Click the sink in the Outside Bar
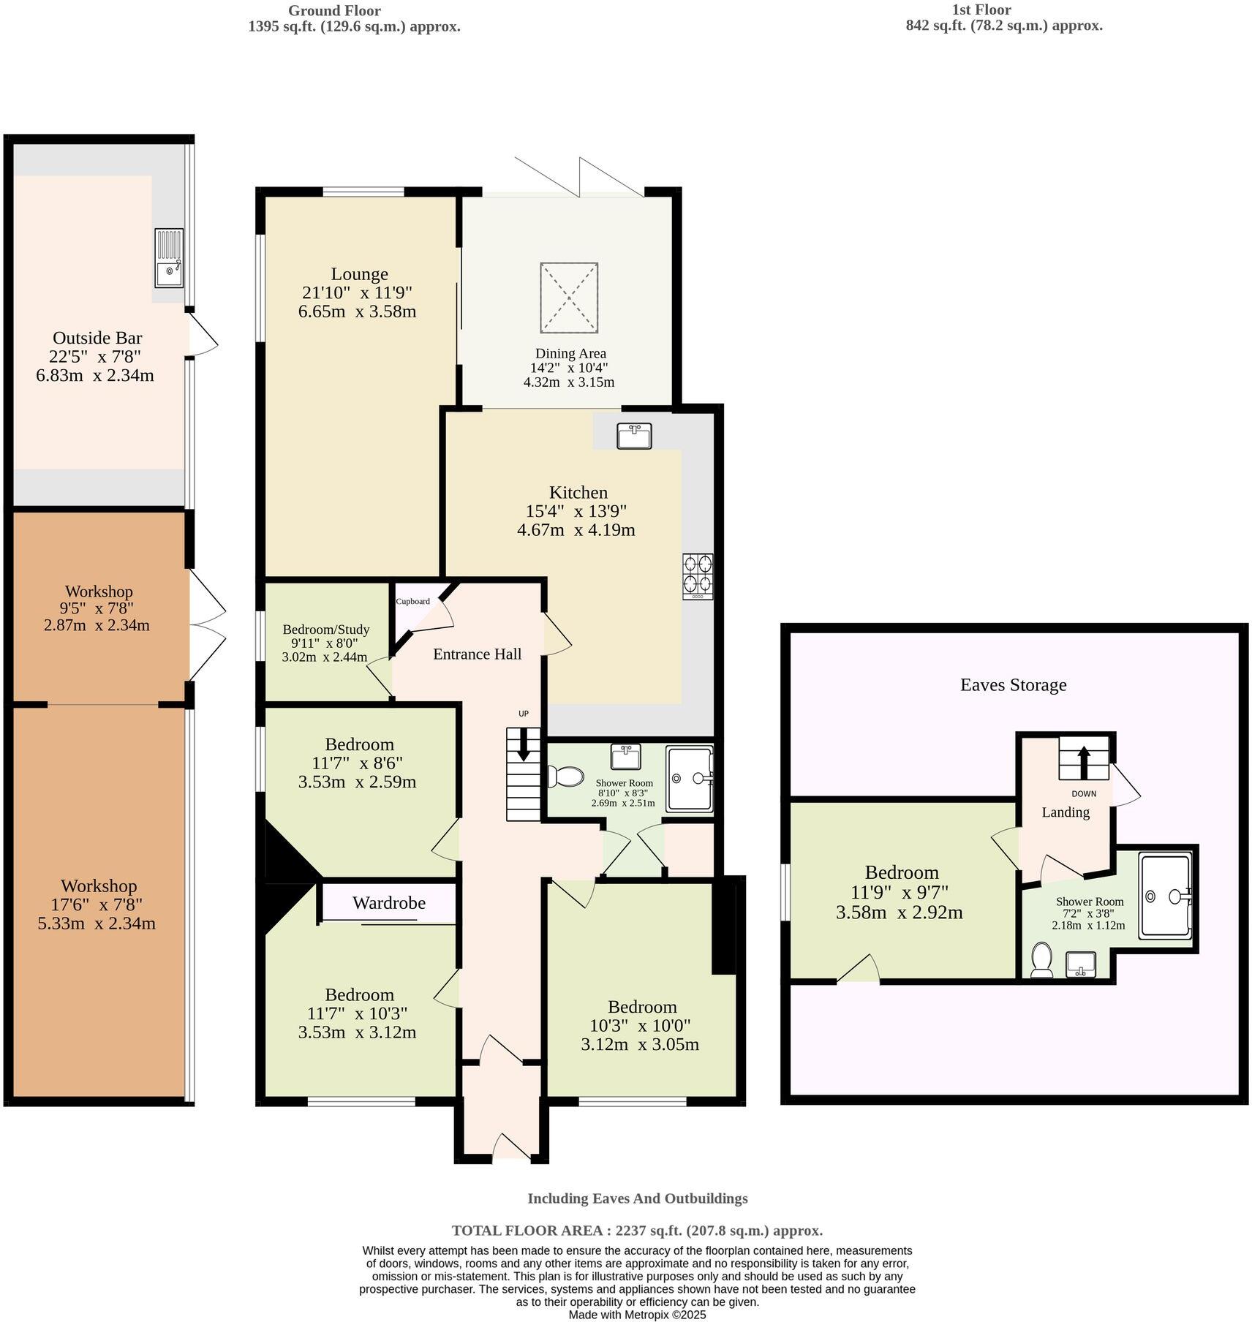click(170, 258)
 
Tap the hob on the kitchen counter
click(698, 577)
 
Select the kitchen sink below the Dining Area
click(634, 436)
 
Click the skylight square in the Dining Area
click(569, 298)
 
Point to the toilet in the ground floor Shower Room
click(564, 777)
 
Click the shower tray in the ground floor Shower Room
click(690, 779)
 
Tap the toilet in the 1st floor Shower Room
click(1041, 960)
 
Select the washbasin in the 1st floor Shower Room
click(1081, 964)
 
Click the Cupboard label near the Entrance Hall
click(413, 601)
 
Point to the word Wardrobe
click(389, 903)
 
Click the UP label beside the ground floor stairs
click(524, 714)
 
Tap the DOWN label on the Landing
click(1084, 793)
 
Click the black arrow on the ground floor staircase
click(524, 744)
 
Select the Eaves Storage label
click(1014, 685)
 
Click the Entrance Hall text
click(478, 654)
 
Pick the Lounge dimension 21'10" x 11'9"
click(358, 292)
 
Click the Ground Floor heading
click(334, 10)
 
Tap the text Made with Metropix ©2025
click(638, 1314)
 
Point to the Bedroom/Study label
click(326, 630)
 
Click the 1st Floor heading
click(981, 10)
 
